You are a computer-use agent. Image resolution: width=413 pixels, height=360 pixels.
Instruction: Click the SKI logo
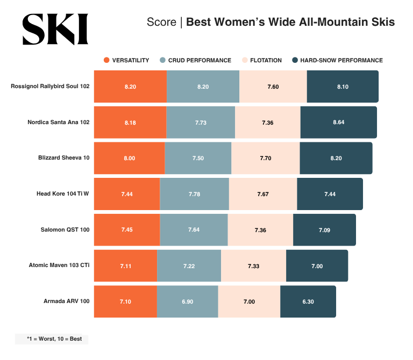pyautogui.click(x=54, y=30)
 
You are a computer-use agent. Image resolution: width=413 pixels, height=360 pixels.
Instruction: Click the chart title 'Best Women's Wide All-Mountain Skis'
pyautogui.click(x=290, y=23)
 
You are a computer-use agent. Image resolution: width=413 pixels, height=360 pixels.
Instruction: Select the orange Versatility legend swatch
pyautogui.click(x=106, y=60)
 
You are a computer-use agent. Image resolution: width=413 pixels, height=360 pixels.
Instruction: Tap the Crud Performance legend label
pyautogui.click(x=200, y=60)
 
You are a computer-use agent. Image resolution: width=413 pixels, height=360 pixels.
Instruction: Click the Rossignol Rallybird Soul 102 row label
pyautogui.click(x=50, y=86)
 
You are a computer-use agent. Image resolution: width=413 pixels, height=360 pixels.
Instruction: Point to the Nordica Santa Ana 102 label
pyautogui.click(x=58, y=122)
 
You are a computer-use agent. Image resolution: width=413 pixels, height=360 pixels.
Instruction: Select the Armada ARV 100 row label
pyautogui.click(x=66, y=301)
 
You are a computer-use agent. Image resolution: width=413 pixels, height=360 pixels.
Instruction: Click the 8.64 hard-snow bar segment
pyautogui.click(x=338, y=123)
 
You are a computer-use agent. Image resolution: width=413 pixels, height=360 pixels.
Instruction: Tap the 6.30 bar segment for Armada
pyautogui.click(x=308, y=301)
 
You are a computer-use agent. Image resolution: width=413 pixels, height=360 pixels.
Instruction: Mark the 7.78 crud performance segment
pyautogui.click(x=194, y=194)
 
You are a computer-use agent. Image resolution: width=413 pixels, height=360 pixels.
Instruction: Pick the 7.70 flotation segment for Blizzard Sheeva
pyautogui.click(x=265, y=158)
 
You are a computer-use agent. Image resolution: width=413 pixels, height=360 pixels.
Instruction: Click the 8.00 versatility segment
pyautogui.click(x=130, y=158)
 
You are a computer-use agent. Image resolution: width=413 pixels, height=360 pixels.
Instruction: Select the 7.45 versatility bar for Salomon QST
pyautogui.click(x=127, y=230)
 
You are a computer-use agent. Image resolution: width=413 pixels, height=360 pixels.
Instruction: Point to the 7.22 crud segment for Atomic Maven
pyautogui.click(x=189, y=265)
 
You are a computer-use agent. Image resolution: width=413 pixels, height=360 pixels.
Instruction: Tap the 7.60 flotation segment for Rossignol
pyautogui.click(x=273, y=87)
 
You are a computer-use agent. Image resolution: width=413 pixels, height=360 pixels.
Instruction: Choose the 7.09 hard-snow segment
pyautogui.click(x=324, y=230)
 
